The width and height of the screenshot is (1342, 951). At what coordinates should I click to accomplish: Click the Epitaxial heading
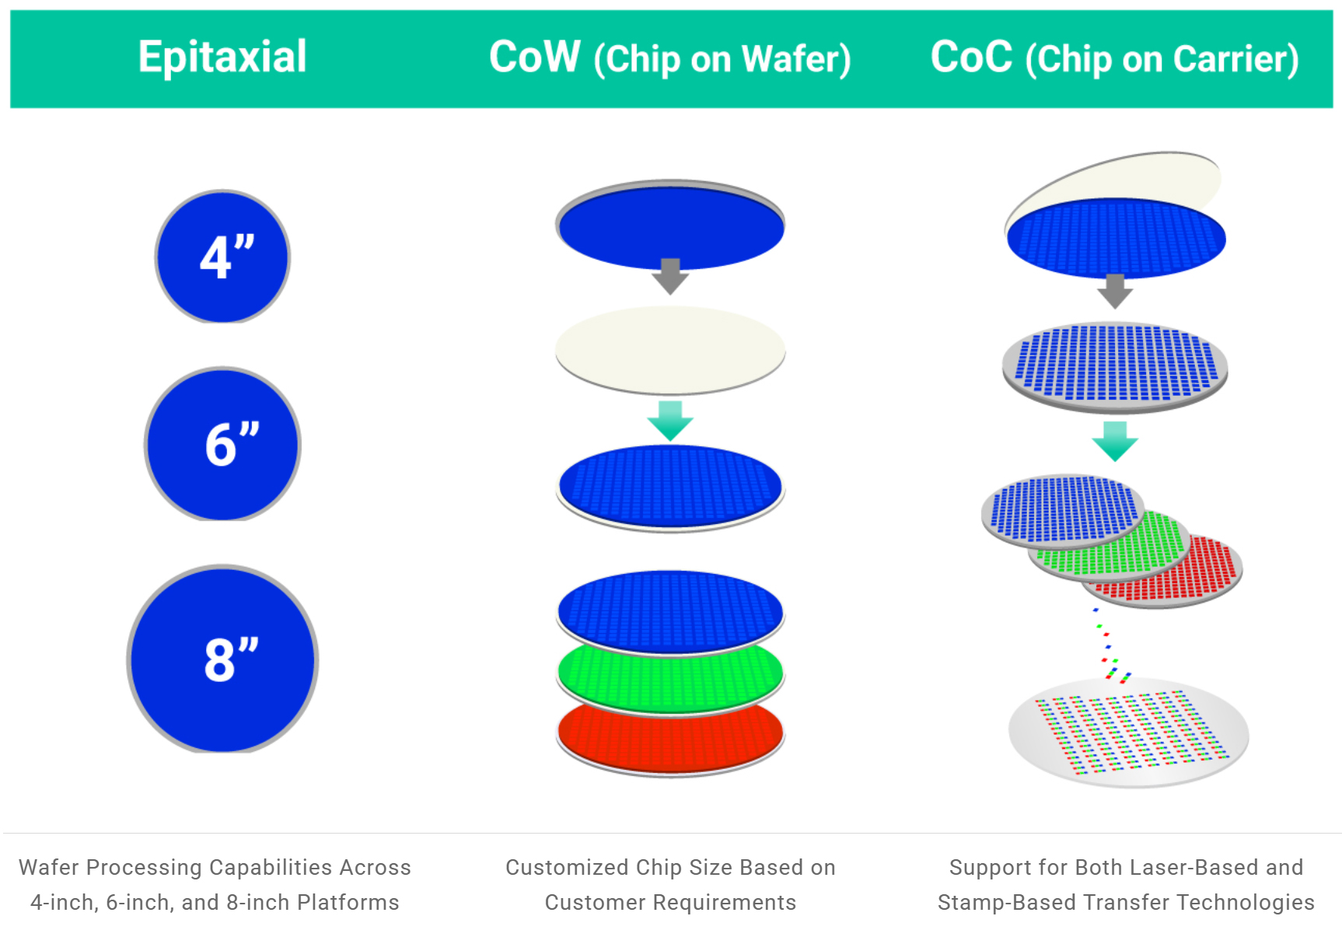[x=222, y=58]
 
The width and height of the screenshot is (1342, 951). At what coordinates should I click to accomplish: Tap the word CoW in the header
[x=535, y=57]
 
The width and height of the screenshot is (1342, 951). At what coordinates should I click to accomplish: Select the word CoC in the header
[x=971, y=57]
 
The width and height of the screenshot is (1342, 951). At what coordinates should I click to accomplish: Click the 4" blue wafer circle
[x=222, y=257]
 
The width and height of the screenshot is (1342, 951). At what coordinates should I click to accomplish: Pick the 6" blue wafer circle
[x=222, y=444]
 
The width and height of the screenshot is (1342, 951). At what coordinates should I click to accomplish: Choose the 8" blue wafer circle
[x=222, y=659]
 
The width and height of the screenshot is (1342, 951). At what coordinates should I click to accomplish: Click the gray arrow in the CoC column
[x=1115, y=291]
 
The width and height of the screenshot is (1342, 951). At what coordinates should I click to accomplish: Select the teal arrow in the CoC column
[x=1115, y=442]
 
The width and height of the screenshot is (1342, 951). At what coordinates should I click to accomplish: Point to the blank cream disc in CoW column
[x=670, y=350]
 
